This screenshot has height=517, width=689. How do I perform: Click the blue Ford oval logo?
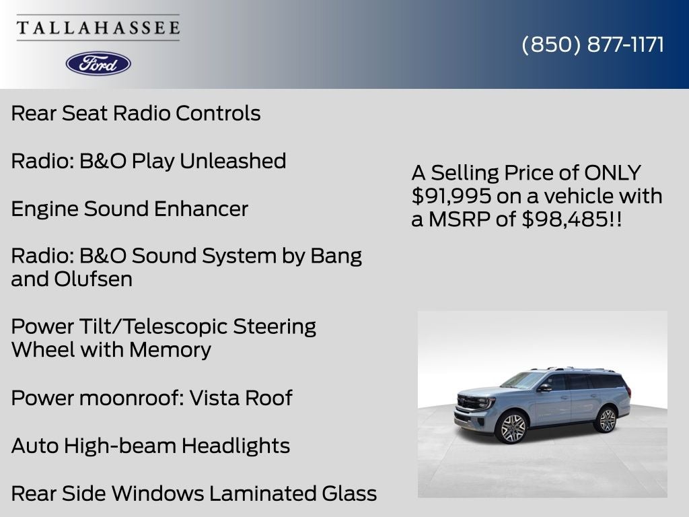[98, 64]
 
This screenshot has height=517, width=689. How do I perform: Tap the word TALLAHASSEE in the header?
[98, 28]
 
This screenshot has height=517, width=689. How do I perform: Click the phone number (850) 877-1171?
[593, 44]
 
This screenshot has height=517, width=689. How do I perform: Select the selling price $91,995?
[451, 196]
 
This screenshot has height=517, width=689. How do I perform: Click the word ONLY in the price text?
[612, 172]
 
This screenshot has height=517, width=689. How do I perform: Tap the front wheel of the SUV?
[512, 427]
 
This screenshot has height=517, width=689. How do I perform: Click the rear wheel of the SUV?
[607, 420]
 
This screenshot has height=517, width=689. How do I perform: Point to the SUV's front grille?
[469, 403]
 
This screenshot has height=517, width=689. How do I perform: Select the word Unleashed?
[233, 160]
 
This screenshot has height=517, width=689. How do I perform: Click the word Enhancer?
[201, 209]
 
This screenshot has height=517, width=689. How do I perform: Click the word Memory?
[170, 350]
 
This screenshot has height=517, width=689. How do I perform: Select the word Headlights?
[235, 446]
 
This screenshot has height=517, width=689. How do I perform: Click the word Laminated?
[263, 493]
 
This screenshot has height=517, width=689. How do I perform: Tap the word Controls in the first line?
[218, 113]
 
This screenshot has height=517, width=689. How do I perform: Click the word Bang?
[336, 256]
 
